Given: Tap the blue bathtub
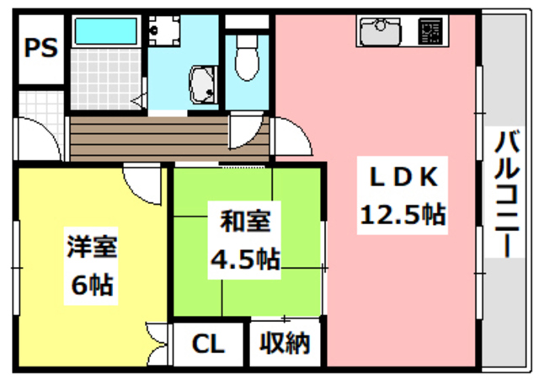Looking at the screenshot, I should pyautogui.click(x=107, y=31).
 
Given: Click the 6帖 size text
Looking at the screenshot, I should pyautogui.click(x=93, y=286).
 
